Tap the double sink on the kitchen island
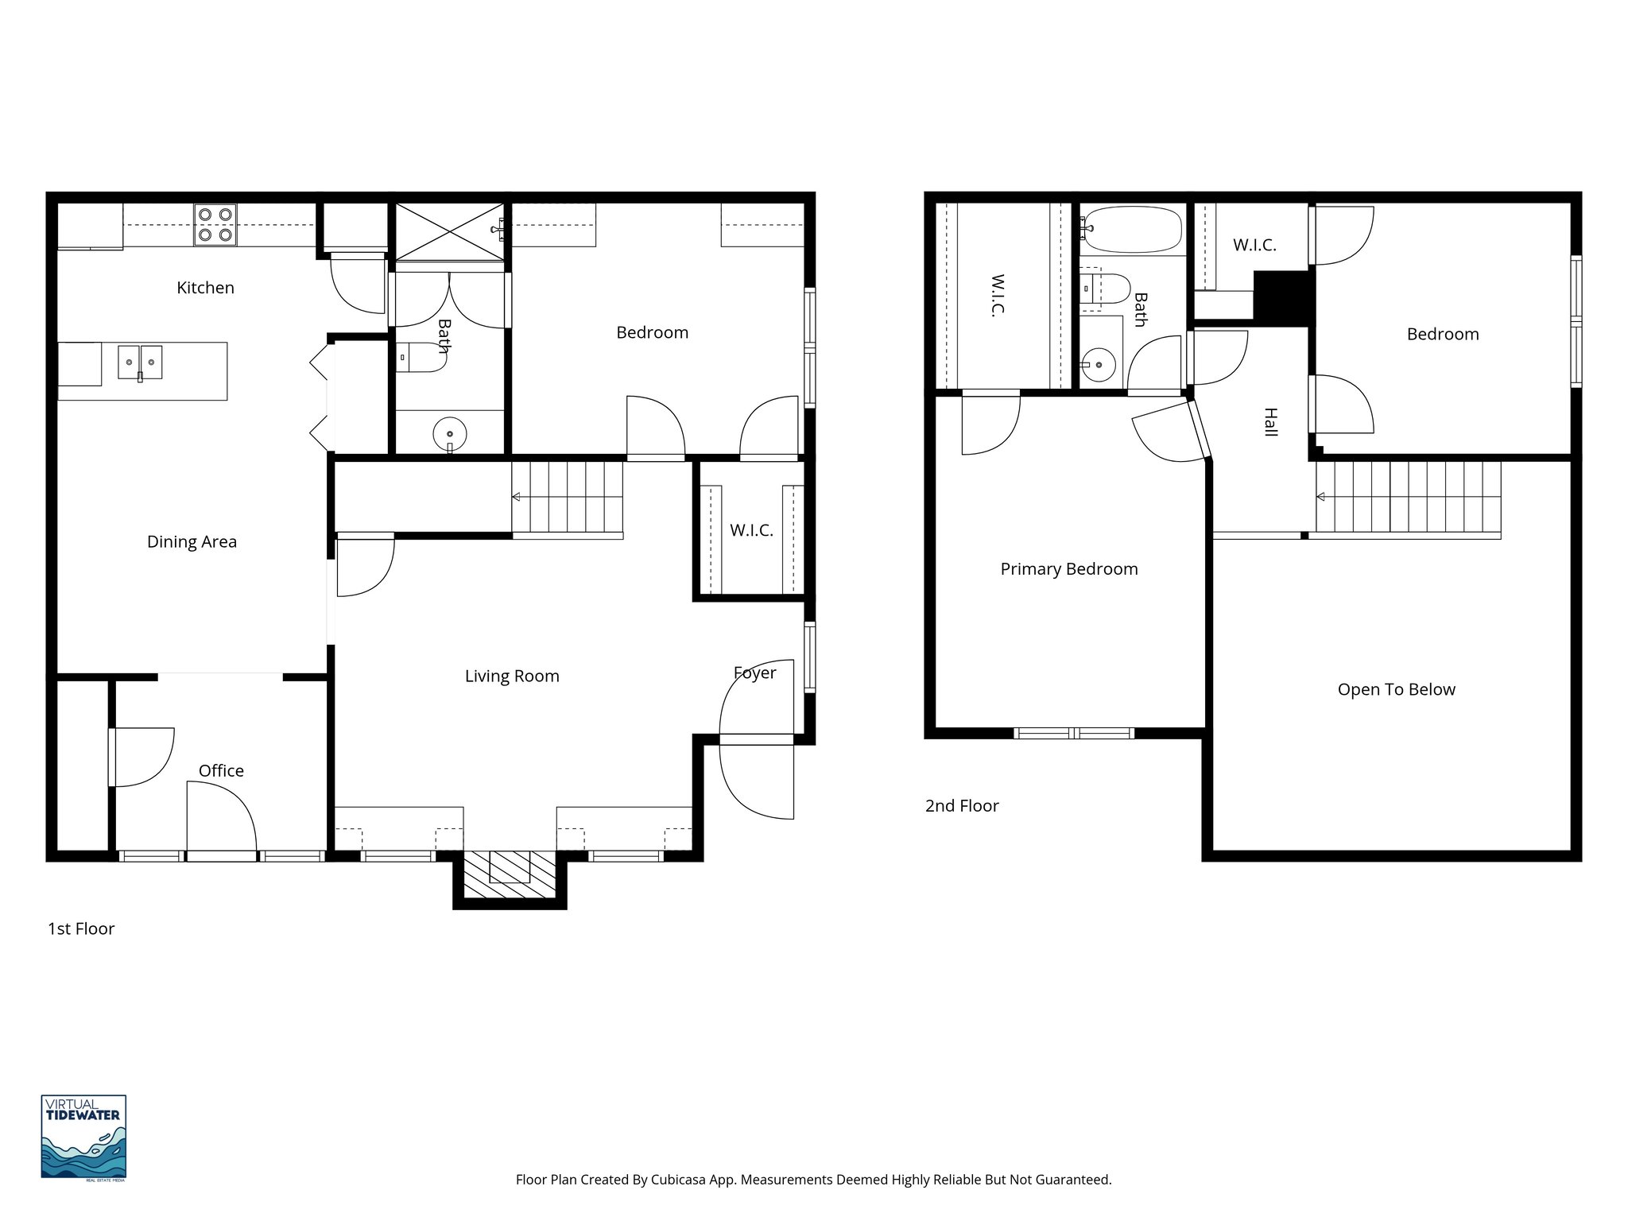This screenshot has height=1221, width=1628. (x=140, y=362)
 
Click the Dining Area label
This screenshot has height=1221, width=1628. (x=192, y=541)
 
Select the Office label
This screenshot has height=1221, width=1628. (x=221, y=770)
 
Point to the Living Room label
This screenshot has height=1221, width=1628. (x=512, y=676)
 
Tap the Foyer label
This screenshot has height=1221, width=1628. (x=754, y=673)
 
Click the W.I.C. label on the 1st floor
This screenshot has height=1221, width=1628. (x=751, y=529)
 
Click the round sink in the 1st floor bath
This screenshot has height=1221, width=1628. (x=450, y=434)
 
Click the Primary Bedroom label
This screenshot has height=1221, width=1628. (x=1068, y=568)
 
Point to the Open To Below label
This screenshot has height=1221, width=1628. (x=1396, y=689)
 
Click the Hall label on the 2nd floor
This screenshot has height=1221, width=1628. (x=1270, y=422)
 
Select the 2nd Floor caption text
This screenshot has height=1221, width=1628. (x=961, y=805)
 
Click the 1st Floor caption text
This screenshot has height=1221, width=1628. (x=81, y=928)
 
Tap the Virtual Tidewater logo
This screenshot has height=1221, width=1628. (x=83, y=1138)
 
